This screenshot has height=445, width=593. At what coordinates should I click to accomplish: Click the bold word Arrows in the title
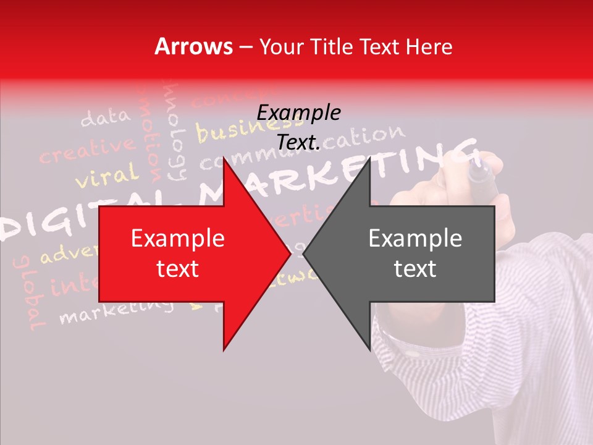pyautogui.click(x=194, y=47)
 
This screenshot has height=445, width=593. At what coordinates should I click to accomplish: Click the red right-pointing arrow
pyautogui.click(x=185, y=254)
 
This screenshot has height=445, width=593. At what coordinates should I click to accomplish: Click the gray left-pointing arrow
pyautogui.click(x=408, y=254)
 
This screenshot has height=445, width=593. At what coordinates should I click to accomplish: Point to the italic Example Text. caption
pyautogui.click(x=298, y=127)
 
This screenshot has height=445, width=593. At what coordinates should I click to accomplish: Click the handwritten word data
pyautogui.click(x=106, y=117)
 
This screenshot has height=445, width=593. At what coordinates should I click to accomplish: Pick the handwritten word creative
pyautogui.click(x=86, y=151)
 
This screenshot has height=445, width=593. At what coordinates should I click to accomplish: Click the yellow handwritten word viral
pyautogui.click(x=106, y=176)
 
